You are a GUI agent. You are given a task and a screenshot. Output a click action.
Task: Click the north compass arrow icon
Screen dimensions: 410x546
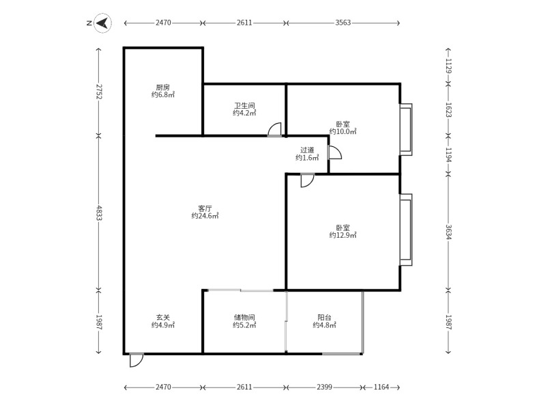click(x=102, y=23)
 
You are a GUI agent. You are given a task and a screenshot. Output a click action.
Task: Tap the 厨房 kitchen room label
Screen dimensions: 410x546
click(x=162, y=87)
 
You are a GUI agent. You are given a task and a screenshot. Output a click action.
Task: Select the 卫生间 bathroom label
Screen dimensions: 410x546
click(x=244, y=106)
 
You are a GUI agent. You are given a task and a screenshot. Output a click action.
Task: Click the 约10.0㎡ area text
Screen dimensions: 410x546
click(x=343, y=131)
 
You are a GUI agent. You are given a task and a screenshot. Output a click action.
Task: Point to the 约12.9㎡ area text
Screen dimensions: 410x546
click(x=343, y=235)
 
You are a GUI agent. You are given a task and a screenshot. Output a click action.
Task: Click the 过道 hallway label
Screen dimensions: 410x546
click(x=307, y=150)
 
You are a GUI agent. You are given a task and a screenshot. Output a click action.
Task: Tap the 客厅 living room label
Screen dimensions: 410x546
click(x=205, y=208)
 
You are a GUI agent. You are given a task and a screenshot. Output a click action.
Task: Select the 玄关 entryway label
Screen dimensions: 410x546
click(x=162, y=318)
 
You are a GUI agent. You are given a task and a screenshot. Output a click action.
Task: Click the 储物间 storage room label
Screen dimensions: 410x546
click(x=244, y=318)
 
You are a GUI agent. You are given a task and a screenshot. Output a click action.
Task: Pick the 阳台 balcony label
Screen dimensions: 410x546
click(x=324, y=318)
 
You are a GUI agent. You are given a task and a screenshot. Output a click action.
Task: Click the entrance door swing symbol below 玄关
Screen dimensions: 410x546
click(x=136, y=359)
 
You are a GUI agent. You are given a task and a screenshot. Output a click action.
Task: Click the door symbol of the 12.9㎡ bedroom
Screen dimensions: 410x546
click(x=307, y=180)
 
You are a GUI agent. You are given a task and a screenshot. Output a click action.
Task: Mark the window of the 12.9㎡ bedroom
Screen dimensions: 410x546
click(x=406, y=230)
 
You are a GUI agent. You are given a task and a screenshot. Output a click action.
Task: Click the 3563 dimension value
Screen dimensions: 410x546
click(x=343, y=23)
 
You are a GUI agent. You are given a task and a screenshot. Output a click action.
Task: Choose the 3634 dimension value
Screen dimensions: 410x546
click(x=448, y=232)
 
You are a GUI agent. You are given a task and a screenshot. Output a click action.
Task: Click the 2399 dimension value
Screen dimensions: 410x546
click(x=324, y=387)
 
